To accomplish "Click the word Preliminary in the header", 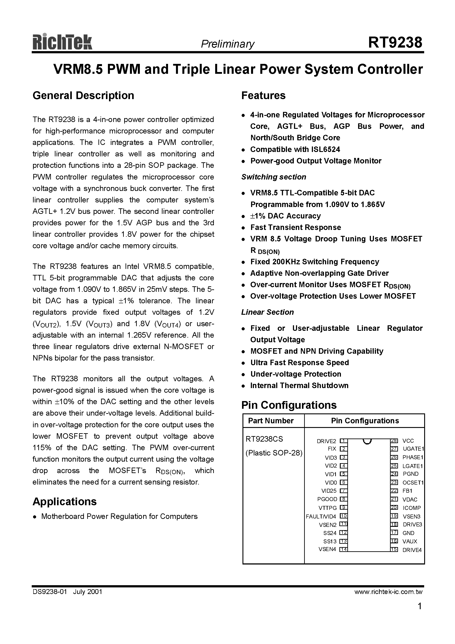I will click(227, 44).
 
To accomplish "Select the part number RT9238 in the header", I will click(395, 43).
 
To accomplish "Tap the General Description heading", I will click(83, 96).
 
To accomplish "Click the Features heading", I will click(263, 96).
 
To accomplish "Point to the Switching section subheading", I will click(274, 177).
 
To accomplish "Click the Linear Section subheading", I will click(267, 312).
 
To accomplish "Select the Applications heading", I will click(65, 502).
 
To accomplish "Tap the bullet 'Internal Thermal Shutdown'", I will click(299, 386).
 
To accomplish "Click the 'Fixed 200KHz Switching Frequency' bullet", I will click(314, 262).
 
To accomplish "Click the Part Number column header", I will click(271, 421).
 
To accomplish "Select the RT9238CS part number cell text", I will click(264, 439).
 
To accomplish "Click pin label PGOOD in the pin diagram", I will click(327, 499).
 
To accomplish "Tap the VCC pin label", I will click(408, 441).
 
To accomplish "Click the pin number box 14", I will click(343, 550).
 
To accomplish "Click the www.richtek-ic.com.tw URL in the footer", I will click(388, 592).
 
